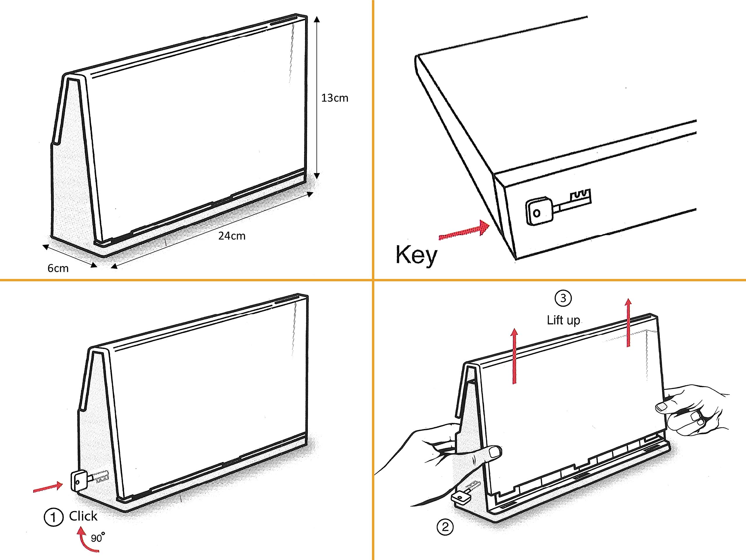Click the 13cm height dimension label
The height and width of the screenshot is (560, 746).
(334, 98)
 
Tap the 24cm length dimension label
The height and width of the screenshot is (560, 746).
(232, 236)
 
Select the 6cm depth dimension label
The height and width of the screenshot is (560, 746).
(58, 268)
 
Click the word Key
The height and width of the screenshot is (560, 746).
(416, 256)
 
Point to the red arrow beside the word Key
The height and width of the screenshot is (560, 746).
(464, 231)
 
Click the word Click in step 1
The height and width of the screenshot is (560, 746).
(83, 516)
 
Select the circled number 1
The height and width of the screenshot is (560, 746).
(53, 517)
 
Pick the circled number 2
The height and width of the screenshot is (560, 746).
(445, 527)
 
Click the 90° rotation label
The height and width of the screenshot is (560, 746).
(97, 537)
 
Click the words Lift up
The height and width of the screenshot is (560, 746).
(563, 320)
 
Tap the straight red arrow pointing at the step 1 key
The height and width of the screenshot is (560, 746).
(48, 488)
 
